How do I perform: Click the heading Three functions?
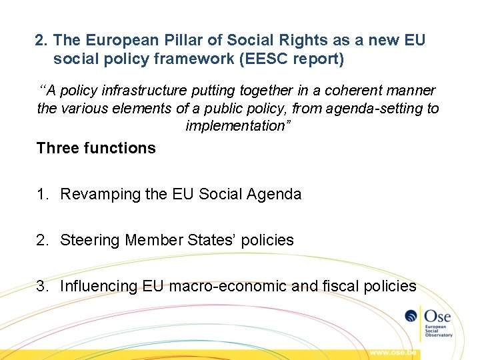pos(96,148)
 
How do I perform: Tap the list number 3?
pos(42,287)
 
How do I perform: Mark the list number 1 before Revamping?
pos(42,195)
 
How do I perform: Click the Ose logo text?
pos(437,316)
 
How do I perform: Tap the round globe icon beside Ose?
pos(412,317)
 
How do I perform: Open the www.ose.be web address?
pos(394,352)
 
